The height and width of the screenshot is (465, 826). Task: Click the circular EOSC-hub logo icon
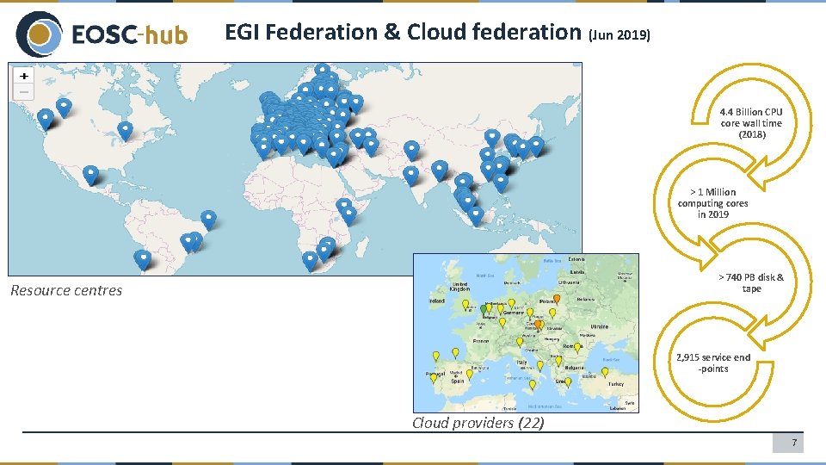[38, 34]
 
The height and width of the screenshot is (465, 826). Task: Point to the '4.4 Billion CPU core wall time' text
[751, 123]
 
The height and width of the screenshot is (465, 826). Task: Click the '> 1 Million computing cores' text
[712, 203]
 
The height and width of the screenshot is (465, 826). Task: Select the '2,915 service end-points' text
[712, 363]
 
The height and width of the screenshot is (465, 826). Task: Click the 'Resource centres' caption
[66, 290]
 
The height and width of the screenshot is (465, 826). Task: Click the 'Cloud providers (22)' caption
[478, 422]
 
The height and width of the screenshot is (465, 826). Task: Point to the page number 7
[795, 443]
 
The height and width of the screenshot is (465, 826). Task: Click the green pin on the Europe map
[484, 307]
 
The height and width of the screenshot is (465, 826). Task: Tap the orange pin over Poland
[556, 300]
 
